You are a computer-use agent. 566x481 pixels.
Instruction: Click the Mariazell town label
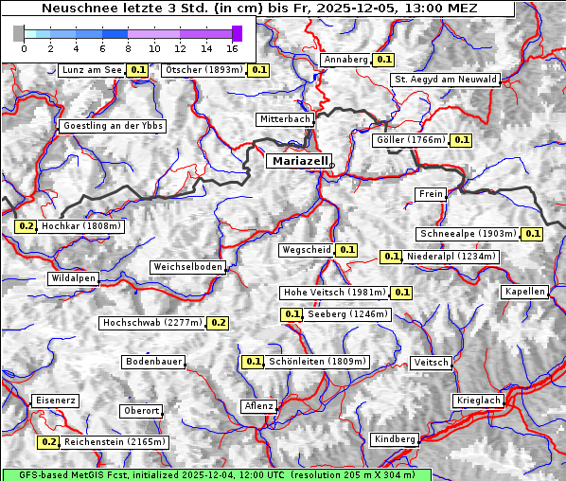point(299,161)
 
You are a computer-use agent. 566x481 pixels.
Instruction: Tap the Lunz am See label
point(91,70)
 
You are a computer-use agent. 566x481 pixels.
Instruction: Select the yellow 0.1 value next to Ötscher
point(258,70)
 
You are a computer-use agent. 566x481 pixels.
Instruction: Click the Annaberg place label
point(345,60)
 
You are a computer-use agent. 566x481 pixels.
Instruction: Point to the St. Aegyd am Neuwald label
point(445,80)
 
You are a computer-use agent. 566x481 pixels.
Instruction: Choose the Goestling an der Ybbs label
point(112,126)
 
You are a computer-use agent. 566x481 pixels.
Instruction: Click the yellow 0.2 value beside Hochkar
point(26,227)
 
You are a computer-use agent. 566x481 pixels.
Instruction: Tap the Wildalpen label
point(74,279)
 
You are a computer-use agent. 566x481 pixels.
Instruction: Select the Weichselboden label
point(188,268)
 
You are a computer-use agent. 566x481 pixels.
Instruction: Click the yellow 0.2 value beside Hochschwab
point(218,323)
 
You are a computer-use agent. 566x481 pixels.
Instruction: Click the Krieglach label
point(478,401)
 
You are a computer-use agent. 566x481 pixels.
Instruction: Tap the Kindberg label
point(395,439)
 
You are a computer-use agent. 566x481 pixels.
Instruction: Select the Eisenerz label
point(55,401)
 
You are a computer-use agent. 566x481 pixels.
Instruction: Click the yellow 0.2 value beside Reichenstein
point(48,442)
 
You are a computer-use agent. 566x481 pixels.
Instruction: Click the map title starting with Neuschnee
point(259,9)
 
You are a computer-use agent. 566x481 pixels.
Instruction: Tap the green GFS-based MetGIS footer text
point(216,474)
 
